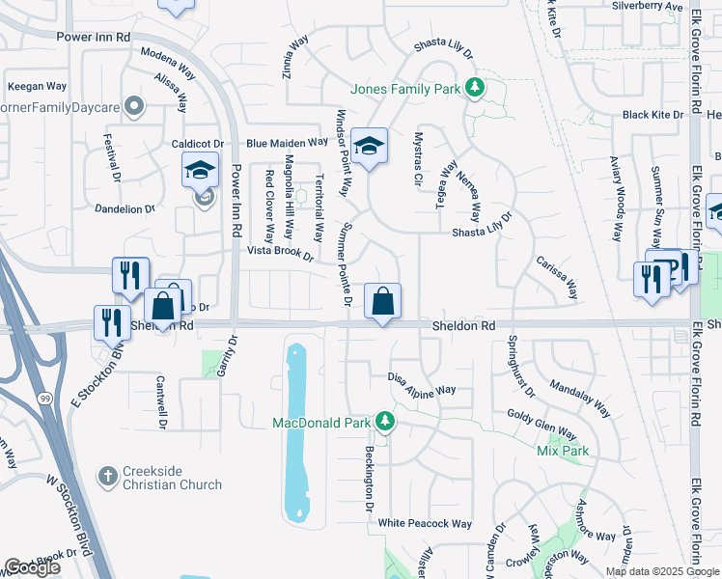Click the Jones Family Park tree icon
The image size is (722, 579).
point(474,89)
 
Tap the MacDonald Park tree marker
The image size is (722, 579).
point(385,423)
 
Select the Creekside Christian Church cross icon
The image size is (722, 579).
point(109,477)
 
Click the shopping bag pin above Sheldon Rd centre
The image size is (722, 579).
point(383,300)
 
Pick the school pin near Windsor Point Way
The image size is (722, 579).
point(368,146)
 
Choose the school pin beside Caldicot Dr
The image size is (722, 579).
point(200,171)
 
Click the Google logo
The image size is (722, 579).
point(32,567)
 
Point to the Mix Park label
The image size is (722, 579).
point(563,451)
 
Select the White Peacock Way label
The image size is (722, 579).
point(425,524)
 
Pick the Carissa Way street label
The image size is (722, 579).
point(557,277)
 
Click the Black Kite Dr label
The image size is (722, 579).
point(653,115)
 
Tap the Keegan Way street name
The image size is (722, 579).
point(37,86)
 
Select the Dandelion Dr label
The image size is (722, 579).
point(125,208)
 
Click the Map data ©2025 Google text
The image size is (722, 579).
point(660,571)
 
